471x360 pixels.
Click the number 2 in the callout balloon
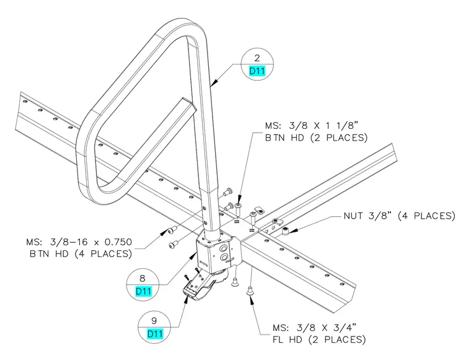tap(257, 58)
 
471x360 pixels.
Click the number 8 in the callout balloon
tap(143, 278)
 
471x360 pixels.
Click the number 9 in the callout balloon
tap(154, 321)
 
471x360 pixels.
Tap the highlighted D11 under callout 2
tap(257, 71)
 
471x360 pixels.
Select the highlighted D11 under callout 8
tap(143, 291)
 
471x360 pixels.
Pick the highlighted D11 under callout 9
tap(155, 333)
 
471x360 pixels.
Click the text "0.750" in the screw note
tap(115, 242)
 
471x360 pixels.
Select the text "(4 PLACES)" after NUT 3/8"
tap(426, 216)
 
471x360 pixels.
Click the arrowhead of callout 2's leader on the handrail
tap(214, 82)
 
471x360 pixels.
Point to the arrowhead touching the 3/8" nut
tap(294, 230)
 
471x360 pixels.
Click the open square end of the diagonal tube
tap(187, 103)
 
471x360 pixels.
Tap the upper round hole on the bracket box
tap(224, 248)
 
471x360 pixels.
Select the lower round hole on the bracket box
tap(224, 257)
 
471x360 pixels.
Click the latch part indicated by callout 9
tap(199, 288)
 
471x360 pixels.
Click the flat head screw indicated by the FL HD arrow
tap(249, 291)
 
